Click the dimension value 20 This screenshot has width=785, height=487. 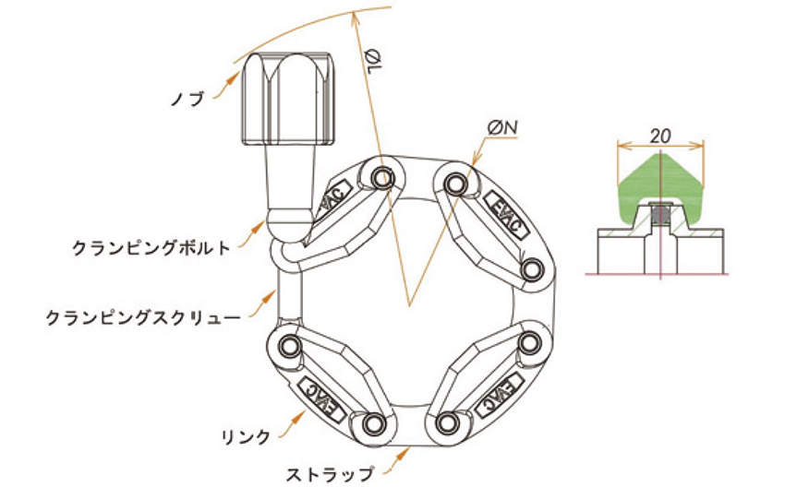pyautogui.click(x=659, y=135)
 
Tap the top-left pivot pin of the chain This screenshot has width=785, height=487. pyautogui.click(x=380, y=173)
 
